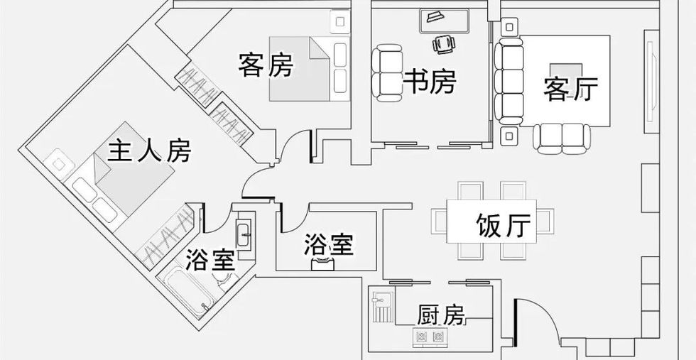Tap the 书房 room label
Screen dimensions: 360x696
point(429,82)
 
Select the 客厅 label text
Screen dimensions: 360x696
point(570,89)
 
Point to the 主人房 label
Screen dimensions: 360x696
point(149,150)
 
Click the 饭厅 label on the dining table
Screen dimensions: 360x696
point(503,227)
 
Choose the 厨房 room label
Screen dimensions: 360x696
point(441,314)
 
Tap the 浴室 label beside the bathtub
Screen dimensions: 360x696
point(210,260)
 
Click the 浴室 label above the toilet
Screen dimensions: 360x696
point(328,246)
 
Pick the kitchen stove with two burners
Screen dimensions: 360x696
point(430,336)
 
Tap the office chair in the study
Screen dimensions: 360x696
point(444,44)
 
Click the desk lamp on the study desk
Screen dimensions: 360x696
point(433,16)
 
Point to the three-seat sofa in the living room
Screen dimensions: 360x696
point(507,80)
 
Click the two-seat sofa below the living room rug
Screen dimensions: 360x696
point(562,138)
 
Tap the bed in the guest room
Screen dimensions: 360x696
point(310,68)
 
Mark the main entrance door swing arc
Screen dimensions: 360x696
point(533,320)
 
